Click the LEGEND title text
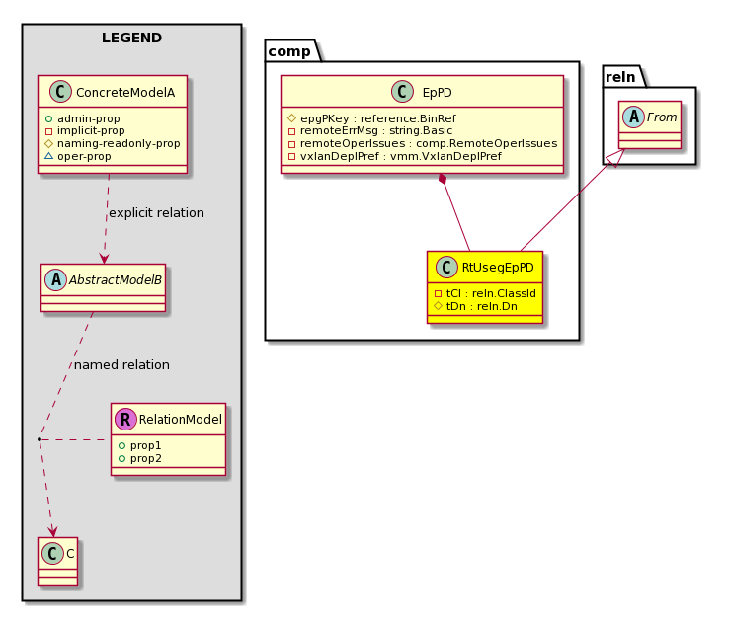tap(131, 38)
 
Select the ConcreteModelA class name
tap(125, 93)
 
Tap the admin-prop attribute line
tap(83, 118)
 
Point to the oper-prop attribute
tap(78, 156)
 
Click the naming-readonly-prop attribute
tap(113, 143)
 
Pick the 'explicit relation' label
tap(156, 213)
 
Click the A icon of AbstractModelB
tap(56, 279)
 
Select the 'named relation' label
tap(121, 364)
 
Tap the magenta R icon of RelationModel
tap(125, 419)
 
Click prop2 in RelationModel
tap(140, 459)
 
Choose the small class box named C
tap(57, 562)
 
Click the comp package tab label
tap(289, 51)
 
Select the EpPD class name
tap(437, 93)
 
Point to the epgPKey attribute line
tap(372, 118)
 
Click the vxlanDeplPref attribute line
tap(395, 156)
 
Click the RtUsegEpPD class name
tap(498, 268)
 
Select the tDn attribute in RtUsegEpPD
tap(475, 306)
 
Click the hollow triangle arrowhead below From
tap(616, 157)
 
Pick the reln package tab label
tap(620, 77)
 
